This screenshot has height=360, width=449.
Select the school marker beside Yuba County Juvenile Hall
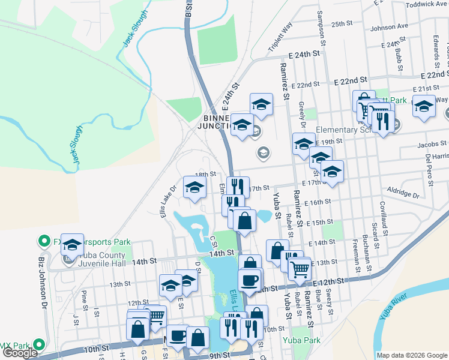(72, 244)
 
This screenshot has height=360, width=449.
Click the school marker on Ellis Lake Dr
(194, 187)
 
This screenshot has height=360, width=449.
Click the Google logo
(20, 353)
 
